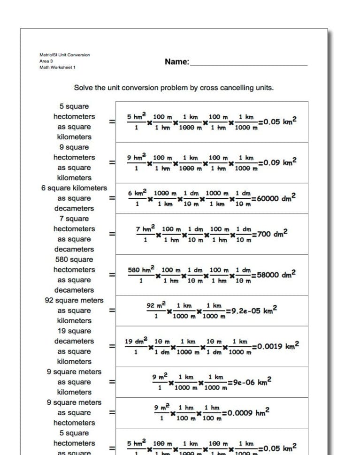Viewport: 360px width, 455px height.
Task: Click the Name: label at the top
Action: tap(177, 61)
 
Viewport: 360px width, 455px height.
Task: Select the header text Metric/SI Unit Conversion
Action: tap(64, 55)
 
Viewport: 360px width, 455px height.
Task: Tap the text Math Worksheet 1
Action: tap(57, 68)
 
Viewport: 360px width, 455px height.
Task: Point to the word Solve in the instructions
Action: tap(84, 88)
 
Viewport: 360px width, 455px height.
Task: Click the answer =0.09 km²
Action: tap(277, 162)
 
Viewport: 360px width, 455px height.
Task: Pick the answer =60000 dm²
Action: tap(274, 198)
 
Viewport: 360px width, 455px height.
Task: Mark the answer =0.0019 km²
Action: tap(276, 346)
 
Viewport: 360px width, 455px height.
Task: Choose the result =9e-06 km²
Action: tap(249, 382)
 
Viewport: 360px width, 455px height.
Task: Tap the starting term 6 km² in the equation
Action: tap(137, 193)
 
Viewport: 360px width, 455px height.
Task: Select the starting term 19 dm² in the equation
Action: tap(136, 341)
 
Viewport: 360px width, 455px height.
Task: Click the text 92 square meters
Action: tap(74, 300)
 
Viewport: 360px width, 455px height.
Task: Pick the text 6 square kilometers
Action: tap(74, 188)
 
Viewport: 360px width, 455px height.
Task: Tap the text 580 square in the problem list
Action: tap(74, 259)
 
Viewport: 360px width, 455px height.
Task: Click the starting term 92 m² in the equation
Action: tap(157, 305)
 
